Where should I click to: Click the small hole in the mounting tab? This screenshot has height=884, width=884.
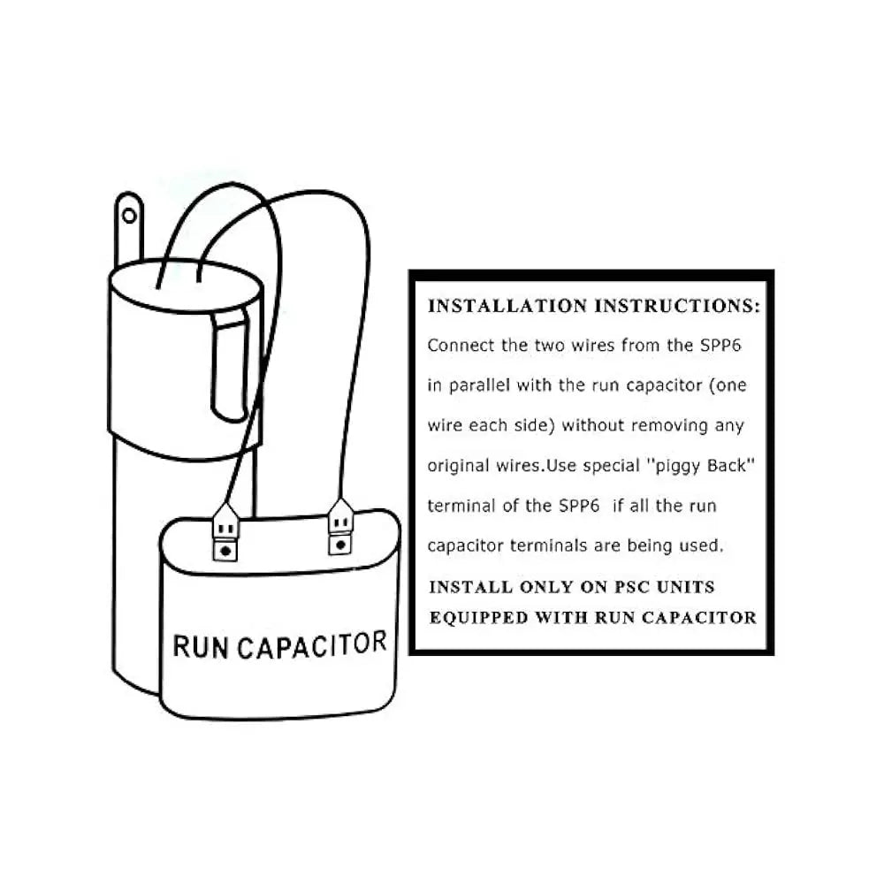click(x=129, y=216)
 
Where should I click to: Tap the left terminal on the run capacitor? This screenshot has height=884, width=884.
click(x=225, y=532)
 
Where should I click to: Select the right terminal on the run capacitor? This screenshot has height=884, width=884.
click(x=340, y=527)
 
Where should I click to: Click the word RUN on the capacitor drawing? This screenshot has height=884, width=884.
click(x=200, y=647)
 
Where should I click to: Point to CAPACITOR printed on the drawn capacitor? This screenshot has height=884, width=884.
click(x=312, y=645)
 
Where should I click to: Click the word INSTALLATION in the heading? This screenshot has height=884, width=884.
click(x=507, y=306)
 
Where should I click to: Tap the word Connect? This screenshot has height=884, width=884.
click(x=461, y=345)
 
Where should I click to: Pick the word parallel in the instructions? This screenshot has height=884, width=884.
click(x=479, y=385)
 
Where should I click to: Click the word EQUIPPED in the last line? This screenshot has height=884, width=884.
click(x=478, y=618)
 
